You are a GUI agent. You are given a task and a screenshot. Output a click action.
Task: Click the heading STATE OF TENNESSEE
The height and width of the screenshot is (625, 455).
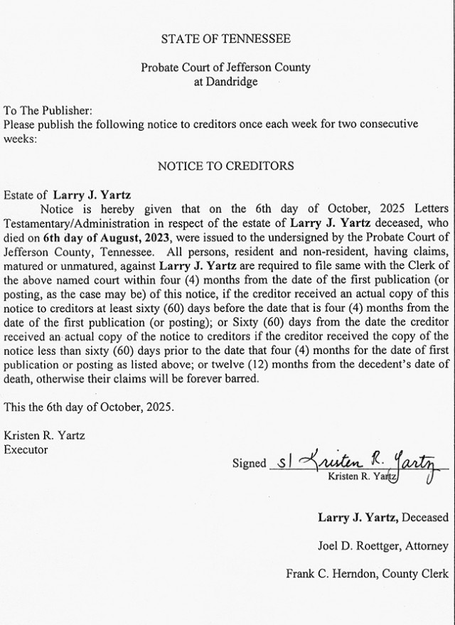[x=225, y=38]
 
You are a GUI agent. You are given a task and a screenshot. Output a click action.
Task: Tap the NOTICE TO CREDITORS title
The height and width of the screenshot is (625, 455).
[x=225, y=166]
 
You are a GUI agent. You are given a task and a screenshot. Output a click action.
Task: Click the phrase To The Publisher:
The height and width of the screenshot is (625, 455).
[x=48, y=111]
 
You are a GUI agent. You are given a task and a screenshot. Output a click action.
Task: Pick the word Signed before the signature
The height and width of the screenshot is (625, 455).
[x=249, y=463]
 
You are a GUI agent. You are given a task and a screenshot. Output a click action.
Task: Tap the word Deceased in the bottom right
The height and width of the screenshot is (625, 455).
[x=425, y=517]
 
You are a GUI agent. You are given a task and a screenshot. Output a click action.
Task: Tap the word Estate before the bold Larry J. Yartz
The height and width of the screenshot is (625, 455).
[x=20, y=194]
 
